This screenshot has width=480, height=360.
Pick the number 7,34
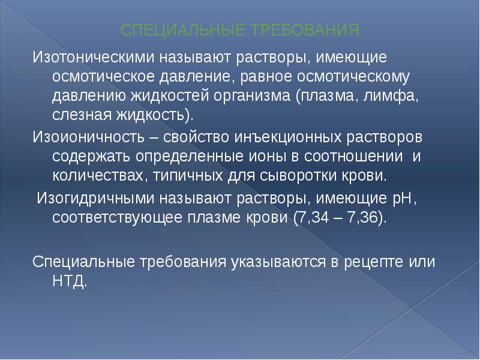pyautogui.click(x=311, y=217)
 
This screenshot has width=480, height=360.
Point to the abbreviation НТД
pyautogui.click(x=70, y=280)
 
